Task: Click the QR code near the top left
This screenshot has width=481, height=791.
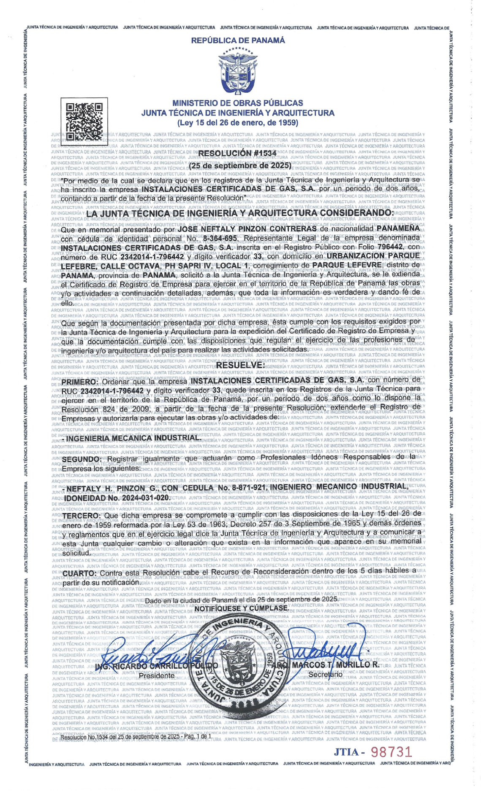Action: coord(84,121)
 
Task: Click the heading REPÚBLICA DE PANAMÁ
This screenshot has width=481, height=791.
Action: coord(238,40)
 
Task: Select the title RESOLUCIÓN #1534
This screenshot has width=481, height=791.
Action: coord(237,153)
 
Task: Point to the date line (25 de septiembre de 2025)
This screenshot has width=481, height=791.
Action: coord(240,166)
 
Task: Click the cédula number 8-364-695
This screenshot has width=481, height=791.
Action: coord(220,238)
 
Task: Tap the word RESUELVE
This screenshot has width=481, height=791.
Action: coord(240,365)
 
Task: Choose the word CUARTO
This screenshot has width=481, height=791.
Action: coord(80,573)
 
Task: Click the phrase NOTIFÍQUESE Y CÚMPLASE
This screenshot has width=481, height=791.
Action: coord(242,608)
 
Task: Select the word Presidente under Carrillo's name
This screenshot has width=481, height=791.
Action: coord(157,675)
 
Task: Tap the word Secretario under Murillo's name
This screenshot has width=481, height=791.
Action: coord(325,674)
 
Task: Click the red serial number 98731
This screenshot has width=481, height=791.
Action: coord(391,752)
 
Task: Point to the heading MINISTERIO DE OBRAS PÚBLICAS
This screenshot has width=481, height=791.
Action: coord(238,103)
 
